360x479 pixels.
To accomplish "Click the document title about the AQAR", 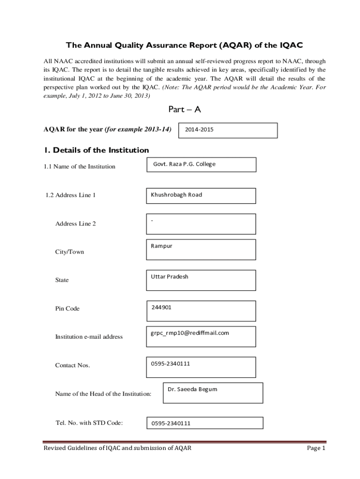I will pos(184,45).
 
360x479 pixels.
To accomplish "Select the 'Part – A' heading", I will pos(184,109).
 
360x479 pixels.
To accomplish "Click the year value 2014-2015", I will pos(199,130).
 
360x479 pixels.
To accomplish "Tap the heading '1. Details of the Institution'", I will pos(96,150).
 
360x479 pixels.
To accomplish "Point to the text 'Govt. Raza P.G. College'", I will pos(184,164).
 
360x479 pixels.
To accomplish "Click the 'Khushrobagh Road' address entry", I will pos(176,195).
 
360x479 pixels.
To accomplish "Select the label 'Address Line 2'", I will pos(75,224).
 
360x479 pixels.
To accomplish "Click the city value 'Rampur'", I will pos(161,246).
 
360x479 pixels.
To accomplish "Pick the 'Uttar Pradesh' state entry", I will pos(169,276).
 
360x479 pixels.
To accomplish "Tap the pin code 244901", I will pos(161,307).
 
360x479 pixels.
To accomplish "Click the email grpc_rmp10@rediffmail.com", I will pos(189,333).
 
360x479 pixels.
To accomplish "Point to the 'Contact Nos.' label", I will pos(72,365).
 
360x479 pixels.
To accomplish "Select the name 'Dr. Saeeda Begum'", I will pos(192,389).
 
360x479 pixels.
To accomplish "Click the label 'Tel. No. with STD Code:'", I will pos(89,423).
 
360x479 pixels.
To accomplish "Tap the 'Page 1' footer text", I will pos(316,448).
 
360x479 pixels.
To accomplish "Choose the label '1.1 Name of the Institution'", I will pos(79,167).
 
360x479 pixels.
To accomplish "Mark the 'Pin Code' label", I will pos(67,309).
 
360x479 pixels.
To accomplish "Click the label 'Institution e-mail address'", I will pos(89,337).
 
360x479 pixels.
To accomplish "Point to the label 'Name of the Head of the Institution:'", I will pos(103,394).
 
